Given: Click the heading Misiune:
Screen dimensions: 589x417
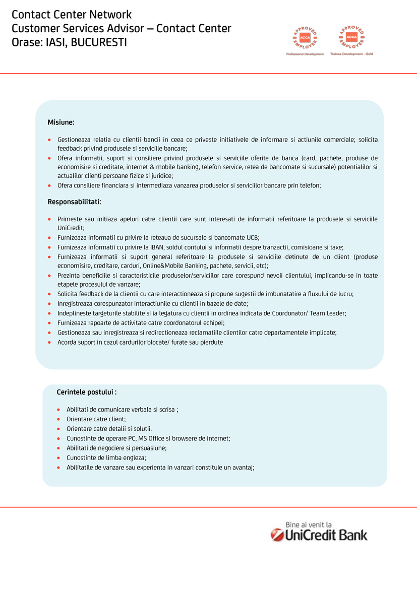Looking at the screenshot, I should [61, 122].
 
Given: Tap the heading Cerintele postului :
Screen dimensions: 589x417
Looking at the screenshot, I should [87, 392].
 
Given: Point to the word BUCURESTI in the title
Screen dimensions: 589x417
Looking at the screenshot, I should [99, 42].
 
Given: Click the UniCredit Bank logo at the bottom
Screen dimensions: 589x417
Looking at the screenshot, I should [319, 535].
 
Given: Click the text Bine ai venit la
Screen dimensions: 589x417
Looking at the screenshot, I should [309, 525].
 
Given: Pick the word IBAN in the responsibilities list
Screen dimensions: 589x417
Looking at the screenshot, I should [156, 247].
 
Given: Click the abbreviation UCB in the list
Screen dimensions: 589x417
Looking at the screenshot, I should [252, 238].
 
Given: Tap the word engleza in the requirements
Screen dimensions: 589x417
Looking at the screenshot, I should [134, 457].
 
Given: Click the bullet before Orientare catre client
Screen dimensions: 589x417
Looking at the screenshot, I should [59, 419].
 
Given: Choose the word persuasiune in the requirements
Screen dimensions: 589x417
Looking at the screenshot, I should [150, 448].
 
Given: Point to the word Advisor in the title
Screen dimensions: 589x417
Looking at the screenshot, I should [129, 29].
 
